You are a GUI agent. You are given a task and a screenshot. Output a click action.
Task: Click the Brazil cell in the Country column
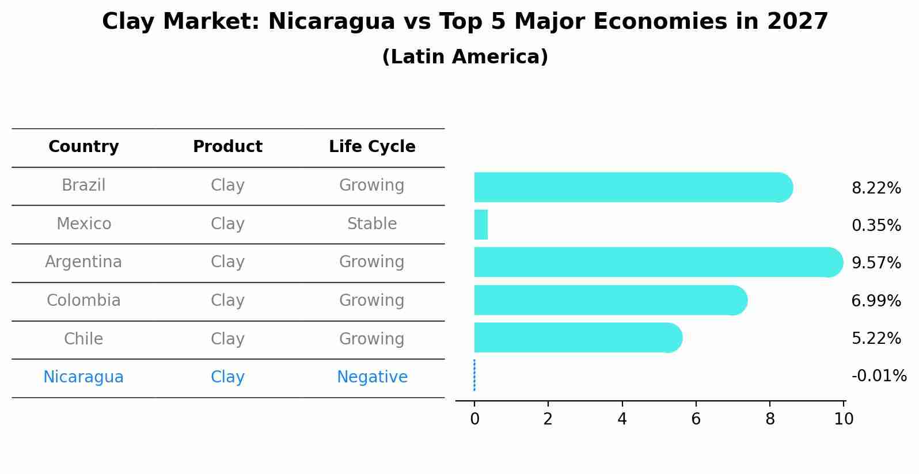(x=83, y=185)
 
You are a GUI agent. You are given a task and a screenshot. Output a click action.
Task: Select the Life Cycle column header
(x=372, y=147)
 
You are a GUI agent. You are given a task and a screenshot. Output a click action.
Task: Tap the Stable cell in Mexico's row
(x=372, y=224)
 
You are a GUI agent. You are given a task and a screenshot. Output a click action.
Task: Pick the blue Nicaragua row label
(x=83, y=377)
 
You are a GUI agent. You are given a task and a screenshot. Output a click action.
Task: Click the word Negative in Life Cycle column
(x=372, y=377)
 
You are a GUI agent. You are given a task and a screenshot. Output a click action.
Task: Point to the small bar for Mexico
(x=481, y=225)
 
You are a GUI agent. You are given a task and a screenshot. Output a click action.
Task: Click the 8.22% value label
(x=876, y=188)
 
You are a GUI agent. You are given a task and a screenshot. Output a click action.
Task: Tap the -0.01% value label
(x=879, y=376)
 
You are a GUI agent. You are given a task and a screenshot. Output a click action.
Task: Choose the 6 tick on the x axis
(x=696, y=419)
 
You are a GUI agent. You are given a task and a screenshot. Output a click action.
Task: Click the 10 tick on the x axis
(x=844, y=419)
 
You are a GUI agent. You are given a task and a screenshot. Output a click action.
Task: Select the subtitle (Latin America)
(x=465, y=57)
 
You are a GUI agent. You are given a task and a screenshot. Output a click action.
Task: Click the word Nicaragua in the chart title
(x=331, y=22)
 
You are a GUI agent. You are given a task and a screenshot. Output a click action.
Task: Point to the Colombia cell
(x=83, y=301)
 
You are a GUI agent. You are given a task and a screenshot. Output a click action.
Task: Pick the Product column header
(x=227, y=147)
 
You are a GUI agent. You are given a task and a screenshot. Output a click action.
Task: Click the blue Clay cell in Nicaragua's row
(x=227, y=377)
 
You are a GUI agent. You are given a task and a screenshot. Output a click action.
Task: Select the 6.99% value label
(x=876, y=301)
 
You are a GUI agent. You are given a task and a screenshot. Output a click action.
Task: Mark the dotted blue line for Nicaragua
(x=474, y=376)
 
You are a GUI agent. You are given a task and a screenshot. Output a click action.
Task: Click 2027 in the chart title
(x=797, y=22)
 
